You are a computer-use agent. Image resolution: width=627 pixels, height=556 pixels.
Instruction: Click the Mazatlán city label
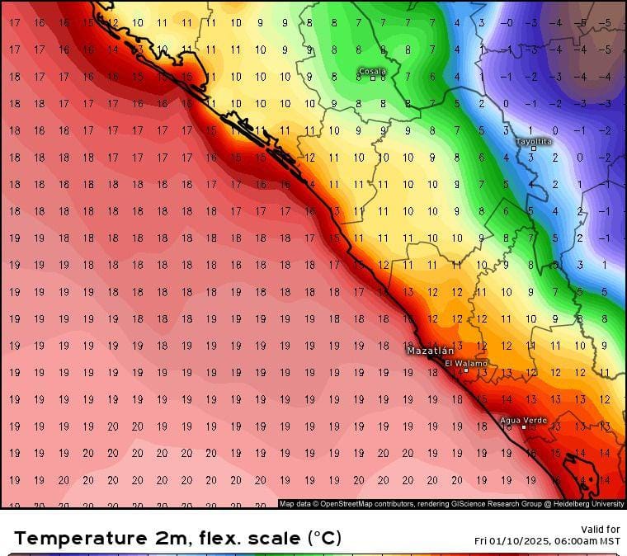(429, 351)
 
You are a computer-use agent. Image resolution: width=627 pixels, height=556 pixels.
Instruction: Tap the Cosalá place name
(373, 71)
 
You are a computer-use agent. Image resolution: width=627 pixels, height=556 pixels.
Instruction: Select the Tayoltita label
(533, 141)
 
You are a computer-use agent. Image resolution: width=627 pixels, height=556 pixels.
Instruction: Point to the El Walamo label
(466, 363)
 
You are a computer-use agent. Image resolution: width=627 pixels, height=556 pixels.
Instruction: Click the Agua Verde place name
(523, 420)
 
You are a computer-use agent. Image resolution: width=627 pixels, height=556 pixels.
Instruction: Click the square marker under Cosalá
(373, 79)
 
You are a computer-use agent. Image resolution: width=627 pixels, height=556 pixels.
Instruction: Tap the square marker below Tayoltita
(533, 148)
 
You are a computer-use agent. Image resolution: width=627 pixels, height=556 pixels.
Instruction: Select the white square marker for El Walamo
(465, 370)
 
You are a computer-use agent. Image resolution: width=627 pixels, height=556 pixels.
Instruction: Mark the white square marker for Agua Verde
(523, 427)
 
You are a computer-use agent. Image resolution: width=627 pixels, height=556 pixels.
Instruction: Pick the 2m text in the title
(161, 538)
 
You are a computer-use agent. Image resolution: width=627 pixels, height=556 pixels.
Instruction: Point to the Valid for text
(601, 530)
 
